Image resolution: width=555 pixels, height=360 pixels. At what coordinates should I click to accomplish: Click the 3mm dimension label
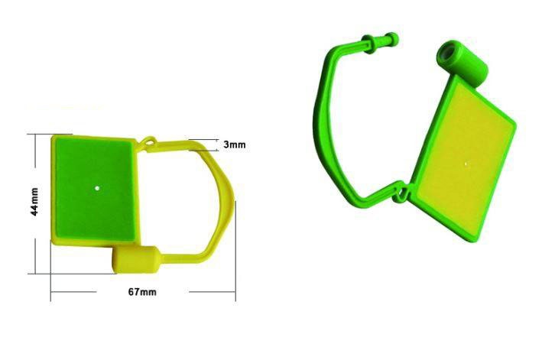coord(234,144)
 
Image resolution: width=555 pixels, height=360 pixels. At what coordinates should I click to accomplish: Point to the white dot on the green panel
coord(97,186)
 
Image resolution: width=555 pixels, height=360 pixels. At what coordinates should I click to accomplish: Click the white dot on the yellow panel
coord(466,163)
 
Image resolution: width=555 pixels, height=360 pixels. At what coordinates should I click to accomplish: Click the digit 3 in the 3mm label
coord(226,144)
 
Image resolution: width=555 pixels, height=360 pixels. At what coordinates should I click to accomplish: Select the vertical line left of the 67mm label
coord(51,283)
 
